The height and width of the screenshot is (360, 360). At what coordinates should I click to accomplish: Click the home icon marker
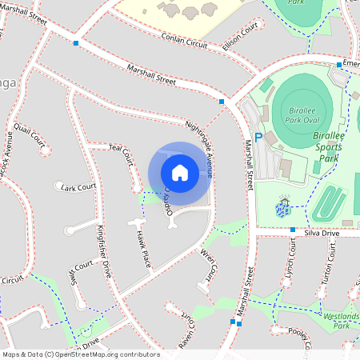(x=180, y=172)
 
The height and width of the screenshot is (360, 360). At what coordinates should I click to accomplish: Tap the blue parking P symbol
(x=258, y=137)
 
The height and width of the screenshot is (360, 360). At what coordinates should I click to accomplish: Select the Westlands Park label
(x=342, y=321)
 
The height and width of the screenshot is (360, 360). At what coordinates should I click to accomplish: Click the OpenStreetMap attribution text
(x=81, y=354)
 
